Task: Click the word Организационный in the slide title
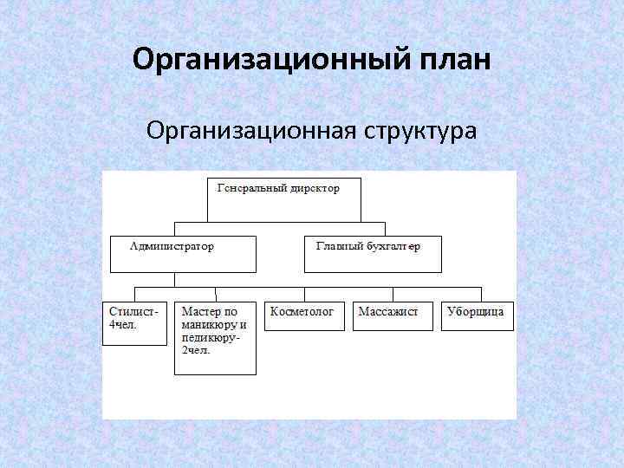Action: [246, 62]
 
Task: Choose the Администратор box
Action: [183, 254]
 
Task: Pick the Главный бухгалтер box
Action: [374, 254]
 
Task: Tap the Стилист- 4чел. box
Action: [134, 323]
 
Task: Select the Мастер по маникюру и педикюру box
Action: [215, 338]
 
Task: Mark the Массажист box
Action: [393, 315]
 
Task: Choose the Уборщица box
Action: [478, 315]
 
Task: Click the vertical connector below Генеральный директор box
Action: [283, 227]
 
